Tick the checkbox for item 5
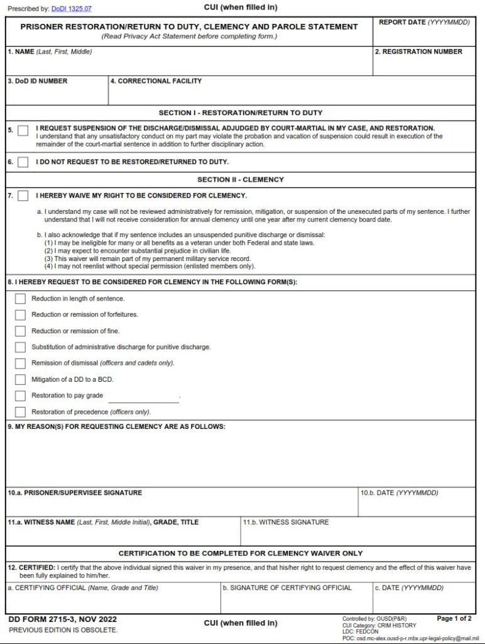[x=23, y=131]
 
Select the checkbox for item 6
[x=23, y=162]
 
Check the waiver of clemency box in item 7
[x=23, y=196]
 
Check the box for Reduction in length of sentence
[x=20, y=299]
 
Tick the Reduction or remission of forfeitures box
[x=20, y=315]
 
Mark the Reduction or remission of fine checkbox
[x=20, y=331]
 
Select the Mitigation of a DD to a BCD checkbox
[x=20, y=380]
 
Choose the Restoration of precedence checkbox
[x=20, y=413]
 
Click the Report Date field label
[x=424, y=23]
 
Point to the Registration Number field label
[x=418, y=52]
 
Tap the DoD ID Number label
[x=38, y=81]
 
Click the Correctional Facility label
[x=156, y=81]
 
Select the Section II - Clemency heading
[x=241, y=180]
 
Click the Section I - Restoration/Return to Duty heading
[x=241, y=113]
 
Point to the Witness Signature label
[x=286, y=523]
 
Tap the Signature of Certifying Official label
[x=287, y=588]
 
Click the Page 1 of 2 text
[x=454, y=619]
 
